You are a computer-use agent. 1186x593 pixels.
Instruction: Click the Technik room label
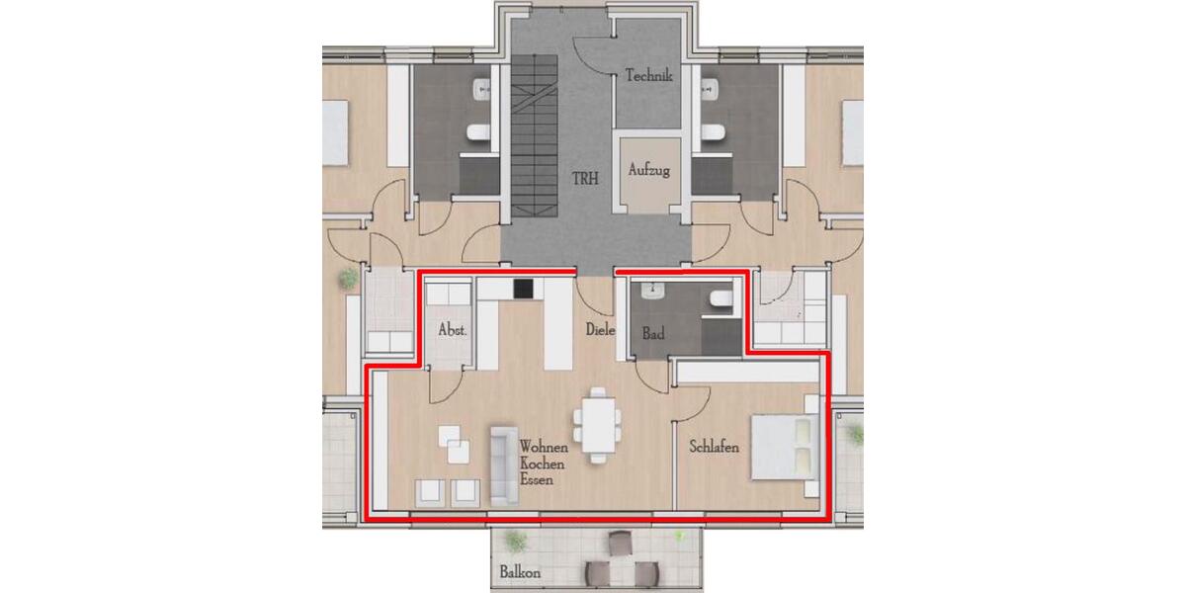648,75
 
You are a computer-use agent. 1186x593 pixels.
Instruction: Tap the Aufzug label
648,170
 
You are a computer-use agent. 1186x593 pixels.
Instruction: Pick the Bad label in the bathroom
653,334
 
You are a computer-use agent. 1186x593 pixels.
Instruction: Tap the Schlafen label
714,447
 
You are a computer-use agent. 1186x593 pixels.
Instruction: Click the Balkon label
520,572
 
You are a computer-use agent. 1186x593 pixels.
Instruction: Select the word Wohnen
544,448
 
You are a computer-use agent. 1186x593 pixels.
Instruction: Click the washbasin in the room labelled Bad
653,291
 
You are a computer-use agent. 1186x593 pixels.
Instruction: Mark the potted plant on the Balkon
513,540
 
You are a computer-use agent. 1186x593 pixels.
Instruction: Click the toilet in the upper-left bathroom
475,132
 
